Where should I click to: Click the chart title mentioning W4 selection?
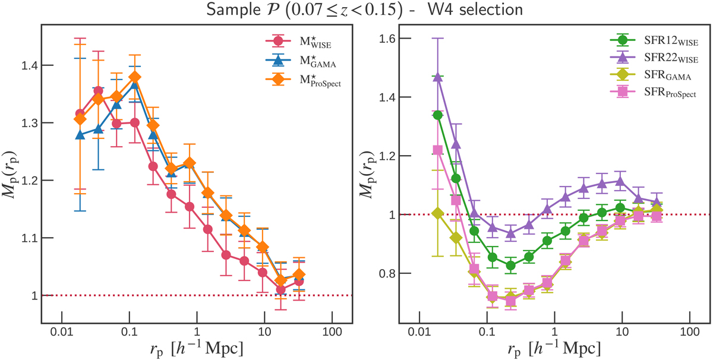pos(356,11)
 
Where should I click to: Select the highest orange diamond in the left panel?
pos(135,77)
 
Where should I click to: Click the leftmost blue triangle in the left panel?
pos(81,135)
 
